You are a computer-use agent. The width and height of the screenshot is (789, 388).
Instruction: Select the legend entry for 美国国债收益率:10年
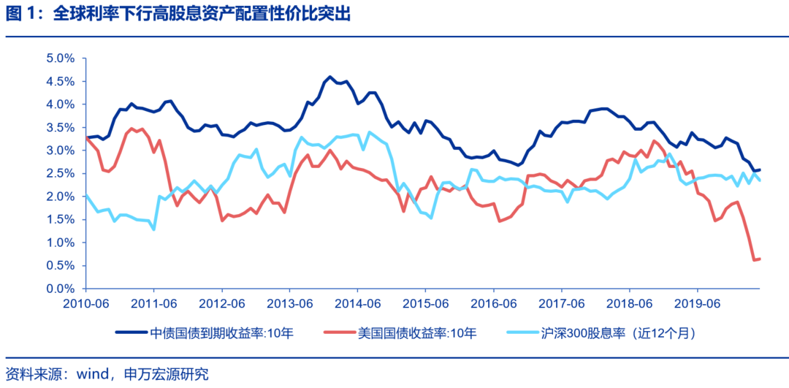point(416,333)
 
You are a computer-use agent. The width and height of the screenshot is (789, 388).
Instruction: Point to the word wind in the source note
point(92,374)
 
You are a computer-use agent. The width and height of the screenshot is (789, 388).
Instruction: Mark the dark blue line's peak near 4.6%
point(330,77)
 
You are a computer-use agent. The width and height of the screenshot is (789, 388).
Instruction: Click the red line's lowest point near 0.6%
point(754,260)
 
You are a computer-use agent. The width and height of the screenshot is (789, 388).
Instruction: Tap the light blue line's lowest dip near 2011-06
point(153,229)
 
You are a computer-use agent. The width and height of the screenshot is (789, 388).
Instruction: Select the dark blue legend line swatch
point(131,333)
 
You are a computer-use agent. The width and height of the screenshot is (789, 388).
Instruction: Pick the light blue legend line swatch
point(522,333)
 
